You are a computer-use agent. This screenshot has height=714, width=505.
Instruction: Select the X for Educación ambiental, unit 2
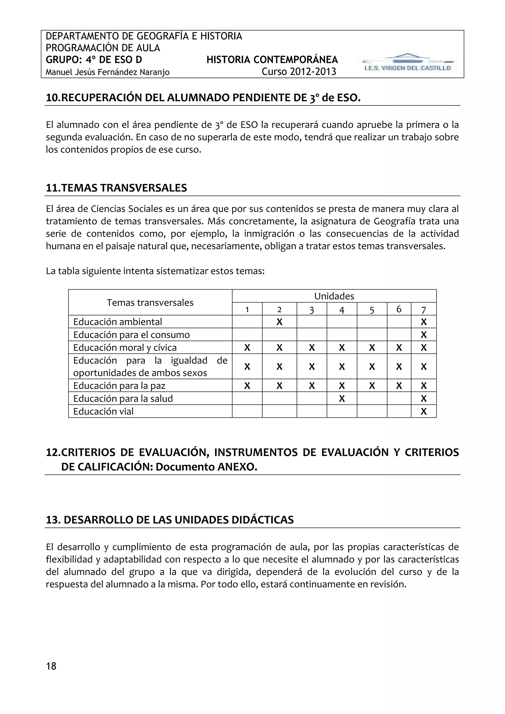(279, 322)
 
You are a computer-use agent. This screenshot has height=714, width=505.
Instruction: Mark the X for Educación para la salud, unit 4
(342, 399)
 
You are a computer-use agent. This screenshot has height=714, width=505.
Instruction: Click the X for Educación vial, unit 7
(424, 411)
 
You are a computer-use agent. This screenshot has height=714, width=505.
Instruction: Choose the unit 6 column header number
(399, 309)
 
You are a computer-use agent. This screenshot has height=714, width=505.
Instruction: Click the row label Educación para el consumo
(131, 335)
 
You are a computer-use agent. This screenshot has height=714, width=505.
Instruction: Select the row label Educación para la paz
(119, 386)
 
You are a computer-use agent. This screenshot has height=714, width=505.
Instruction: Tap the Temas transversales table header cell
(150, 303)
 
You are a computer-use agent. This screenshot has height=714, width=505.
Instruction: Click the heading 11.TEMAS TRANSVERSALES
(116, 188)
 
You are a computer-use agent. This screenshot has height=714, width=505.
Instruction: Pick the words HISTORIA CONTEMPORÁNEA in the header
(272, 60)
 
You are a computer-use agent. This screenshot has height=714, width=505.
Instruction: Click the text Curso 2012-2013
(299, 72)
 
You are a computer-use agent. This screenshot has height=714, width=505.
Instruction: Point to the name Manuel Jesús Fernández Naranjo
(108, 72)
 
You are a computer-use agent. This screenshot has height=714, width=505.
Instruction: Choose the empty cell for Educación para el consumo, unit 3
(312, 335)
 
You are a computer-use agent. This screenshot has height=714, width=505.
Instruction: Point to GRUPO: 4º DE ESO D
(94, 60)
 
